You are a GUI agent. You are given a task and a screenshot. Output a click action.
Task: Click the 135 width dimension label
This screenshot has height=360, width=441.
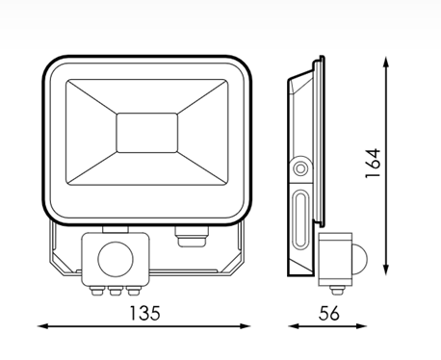point(144,313)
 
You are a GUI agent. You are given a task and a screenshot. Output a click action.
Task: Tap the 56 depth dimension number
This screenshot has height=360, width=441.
point(329,313)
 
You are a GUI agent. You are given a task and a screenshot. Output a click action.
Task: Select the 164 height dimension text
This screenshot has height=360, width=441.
point(373,164)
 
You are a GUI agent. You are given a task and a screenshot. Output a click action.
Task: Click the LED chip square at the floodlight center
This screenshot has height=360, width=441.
point(147,133)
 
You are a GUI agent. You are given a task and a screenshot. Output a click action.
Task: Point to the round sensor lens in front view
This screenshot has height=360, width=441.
point(116,260)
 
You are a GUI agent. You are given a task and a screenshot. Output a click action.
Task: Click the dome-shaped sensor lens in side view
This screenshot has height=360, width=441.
point(359,259)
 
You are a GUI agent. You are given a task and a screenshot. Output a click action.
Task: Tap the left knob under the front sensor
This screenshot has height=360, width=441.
point(95,292)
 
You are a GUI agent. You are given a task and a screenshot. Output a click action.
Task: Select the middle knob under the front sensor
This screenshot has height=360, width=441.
point(114,292)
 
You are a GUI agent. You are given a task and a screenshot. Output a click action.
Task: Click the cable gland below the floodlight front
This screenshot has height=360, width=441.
point(192,237)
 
